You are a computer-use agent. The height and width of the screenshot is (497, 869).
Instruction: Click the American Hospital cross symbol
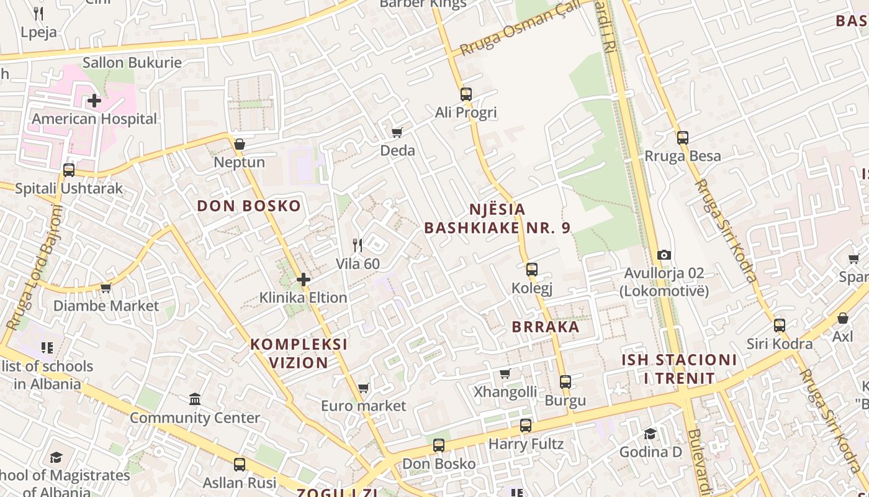tap(94, 100)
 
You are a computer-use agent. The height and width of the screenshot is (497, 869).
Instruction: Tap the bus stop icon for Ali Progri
tap(466, 94)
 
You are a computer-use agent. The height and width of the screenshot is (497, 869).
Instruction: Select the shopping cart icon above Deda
tap(397, 132)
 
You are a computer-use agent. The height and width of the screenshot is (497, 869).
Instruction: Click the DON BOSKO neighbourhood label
tap(249, 206)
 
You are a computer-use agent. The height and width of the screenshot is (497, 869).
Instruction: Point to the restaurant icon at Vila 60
tap(358, 245)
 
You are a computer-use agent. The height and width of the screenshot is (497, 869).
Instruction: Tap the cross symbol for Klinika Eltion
tap(304, 280)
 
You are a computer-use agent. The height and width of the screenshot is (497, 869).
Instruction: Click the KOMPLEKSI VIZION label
tap(299, 353)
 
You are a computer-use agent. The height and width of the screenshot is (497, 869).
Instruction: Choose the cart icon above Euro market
tap(364, 388)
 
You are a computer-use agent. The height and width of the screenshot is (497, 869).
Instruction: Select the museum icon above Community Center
tap(195, 399)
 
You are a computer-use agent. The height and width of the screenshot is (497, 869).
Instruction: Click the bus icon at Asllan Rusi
tap(240, 464)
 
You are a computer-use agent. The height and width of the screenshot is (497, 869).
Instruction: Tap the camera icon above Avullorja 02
tap(664, 255)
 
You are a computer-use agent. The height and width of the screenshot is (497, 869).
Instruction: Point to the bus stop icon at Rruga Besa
tap(683, 138)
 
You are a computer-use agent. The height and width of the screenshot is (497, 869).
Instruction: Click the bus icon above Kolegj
tap(532, 270)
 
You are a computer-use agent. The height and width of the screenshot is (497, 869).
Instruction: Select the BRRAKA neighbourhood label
tap(546, 327)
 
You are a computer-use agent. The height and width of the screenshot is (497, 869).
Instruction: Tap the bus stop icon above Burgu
tap(565, 382)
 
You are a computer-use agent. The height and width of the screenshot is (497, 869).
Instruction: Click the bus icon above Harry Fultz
tap(526, 426)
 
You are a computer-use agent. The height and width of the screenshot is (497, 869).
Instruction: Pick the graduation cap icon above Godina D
tap(650, 434)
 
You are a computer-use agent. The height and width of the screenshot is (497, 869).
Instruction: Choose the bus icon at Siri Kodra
tap(780, 325)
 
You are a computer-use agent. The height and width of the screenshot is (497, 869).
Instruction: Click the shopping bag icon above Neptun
tap(240, 144)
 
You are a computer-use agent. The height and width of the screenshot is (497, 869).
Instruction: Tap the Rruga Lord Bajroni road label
tap(36, 267)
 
